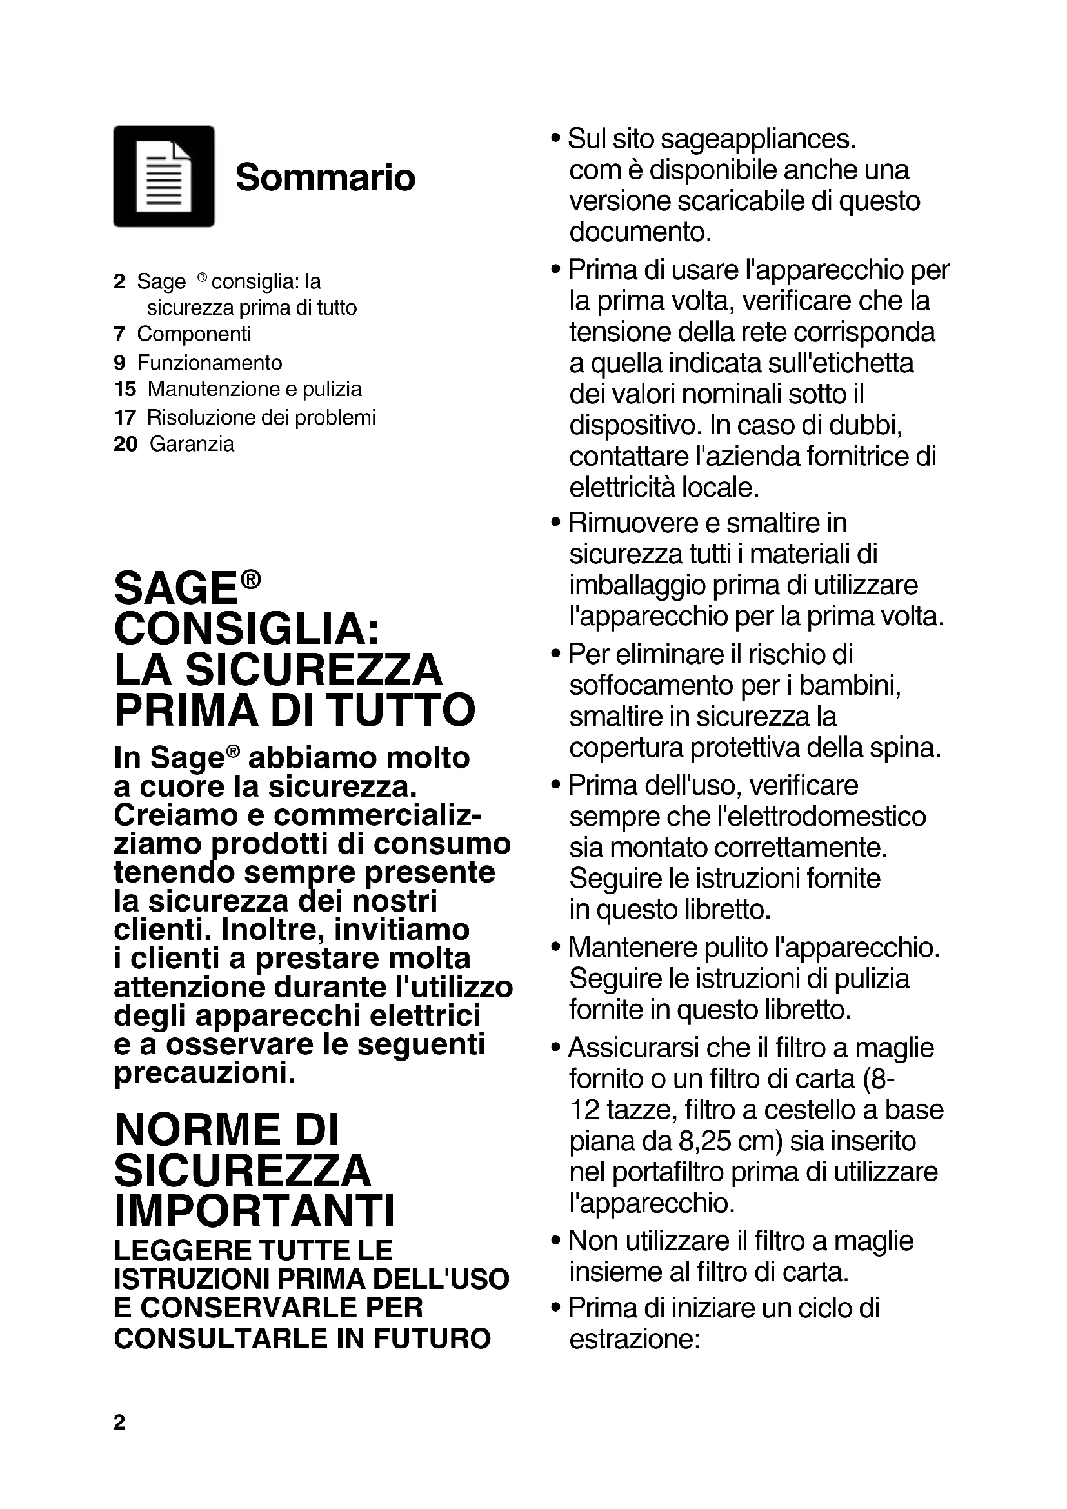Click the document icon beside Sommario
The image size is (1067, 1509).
coord(164,176)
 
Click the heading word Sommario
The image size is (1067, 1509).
coord(325,177)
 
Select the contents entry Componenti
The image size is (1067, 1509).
coord(194,335)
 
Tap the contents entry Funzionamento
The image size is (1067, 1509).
coord(210,363)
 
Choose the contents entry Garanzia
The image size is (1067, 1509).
coord(192,445)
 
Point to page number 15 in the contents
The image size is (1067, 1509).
coord(125,389)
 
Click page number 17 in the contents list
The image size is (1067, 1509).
coord(125,417)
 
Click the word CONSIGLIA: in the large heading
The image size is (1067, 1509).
coord(246,629)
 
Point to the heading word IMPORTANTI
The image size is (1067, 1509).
coord(255,1210)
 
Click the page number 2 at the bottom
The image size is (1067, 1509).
coord(119,1423)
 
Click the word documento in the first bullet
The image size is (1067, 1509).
coord(640,232)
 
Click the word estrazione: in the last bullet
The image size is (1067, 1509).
coord(635,1338)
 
